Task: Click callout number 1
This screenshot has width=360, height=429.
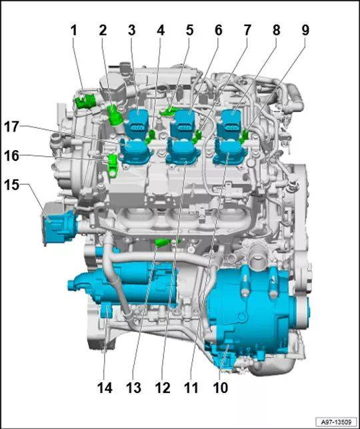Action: tap(73, 31)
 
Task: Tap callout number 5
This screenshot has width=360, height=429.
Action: tap(189, 31)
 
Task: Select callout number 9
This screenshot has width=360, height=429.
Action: tap(305, 31)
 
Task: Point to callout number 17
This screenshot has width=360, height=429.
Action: tap(11, 127)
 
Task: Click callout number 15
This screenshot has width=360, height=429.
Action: tap(11, 185)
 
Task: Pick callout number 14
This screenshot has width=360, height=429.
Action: tap(105, 388)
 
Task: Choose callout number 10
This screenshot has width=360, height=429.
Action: tap(220, 388)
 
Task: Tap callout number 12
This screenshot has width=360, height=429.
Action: tap(163, 388)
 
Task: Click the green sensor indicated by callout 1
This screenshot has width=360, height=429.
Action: tap(85, 101)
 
